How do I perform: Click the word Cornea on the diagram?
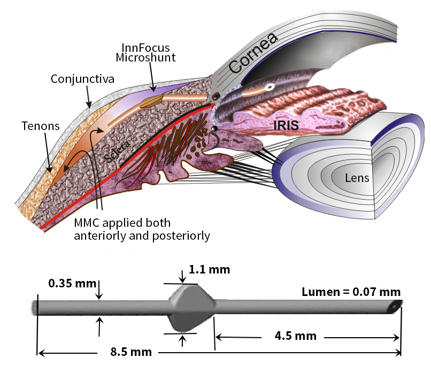254,54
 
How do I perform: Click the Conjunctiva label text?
82,79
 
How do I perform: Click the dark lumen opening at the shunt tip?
396,307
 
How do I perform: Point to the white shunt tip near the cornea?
271,86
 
